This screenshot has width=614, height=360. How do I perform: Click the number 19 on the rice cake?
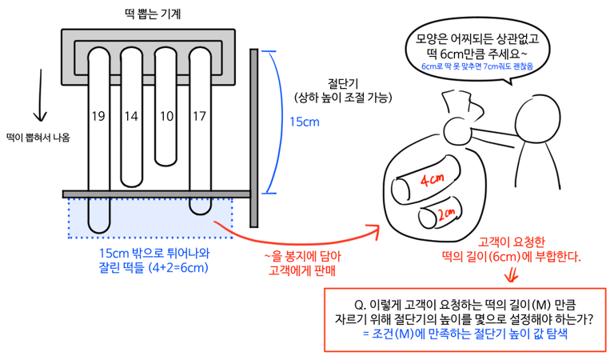pyautogui.click(x=98, y=117)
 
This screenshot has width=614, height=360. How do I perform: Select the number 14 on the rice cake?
pyautogui.click(x=132, y=117)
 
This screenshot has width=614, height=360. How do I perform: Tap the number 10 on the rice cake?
pyautogui.click(x=166, y=117)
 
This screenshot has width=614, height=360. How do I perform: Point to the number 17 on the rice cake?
pyautogui.click(x=200, y=117)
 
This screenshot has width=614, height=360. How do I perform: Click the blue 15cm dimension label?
pyautogui.click(x=305, y=122)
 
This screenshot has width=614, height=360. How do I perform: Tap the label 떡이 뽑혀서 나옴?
pyautogui.click(x=37, y=137)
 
